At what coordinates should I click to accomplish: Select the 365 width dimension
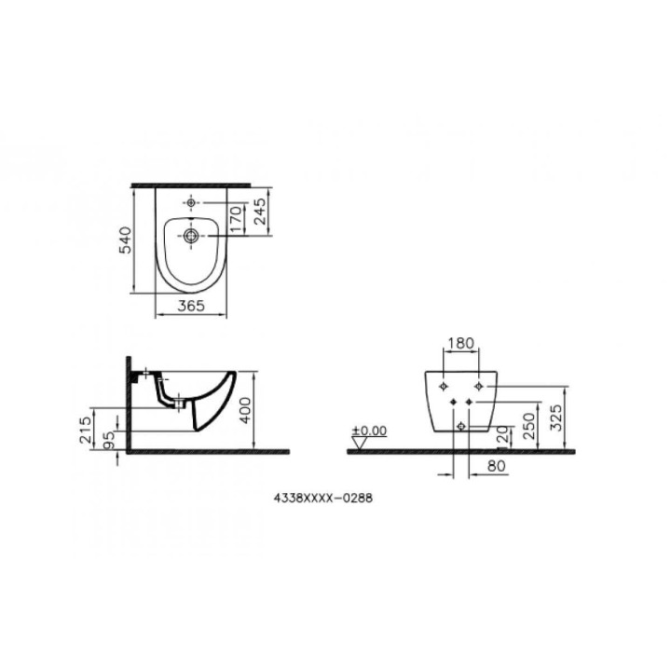click(190, 306)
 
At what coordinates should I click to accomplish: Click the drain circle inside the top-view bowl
click(190, 237)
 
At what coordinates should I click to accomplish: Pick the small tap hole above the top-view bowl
click(190, 203)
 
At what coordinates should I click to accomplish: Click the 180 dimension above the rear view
click(461, 343)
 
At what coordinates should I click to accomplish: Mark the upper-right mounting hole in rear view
click(478, 385)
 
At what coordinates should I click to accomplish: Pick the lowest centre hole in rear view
click(461, 426)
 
